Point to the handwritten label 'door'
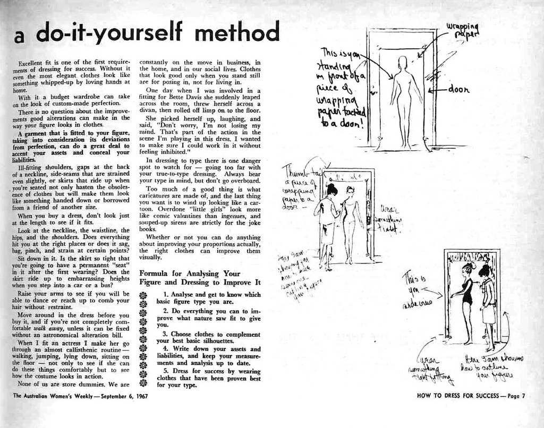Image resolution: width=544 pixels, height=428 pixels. [x=458, y=90]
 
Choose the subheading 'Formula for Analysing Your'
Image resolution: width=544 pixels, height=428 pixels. [x=190, y=273]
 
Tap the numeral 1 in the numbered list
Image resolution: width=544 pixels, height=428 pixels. [x=166, y=294]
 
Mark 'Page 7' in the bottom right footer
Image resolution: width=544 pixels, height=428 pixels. [x=516, y=396]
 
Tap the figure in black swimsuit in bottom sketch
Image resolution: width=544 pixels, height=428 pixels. [x=466, y=303]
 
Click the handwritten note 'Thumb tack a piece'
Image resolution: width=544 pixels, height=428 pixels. [x=301, y=183]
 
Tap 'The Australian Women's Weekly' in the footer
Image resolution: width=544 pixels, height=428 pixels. [x=50, y=396]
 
